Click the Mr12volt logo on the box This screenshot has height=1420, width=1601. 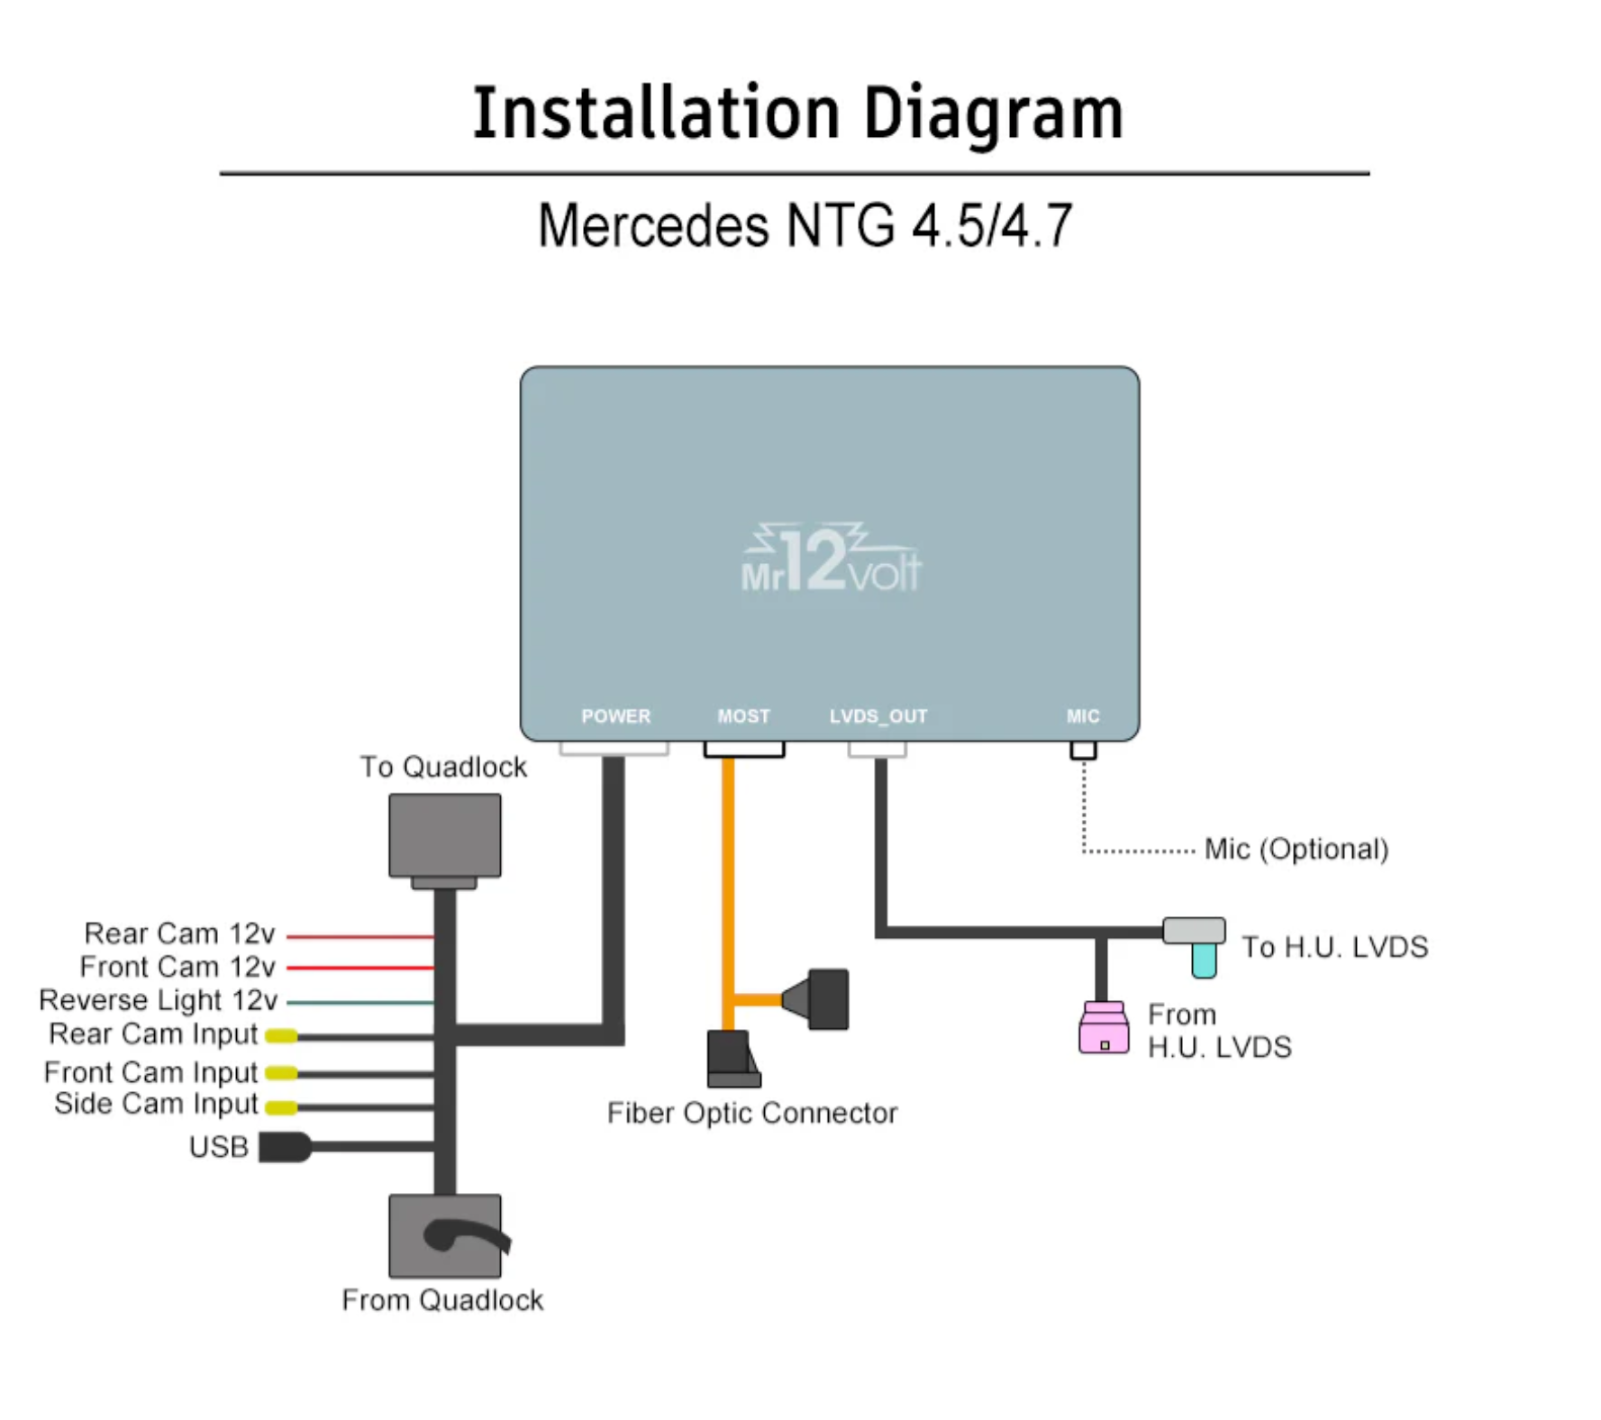[831, 560]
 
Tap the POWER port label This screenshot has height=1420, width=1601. [615, 716]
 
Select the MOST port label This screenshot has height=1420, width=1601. [743, 716]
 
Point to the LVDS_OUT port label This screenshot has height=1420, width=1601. [878, 716]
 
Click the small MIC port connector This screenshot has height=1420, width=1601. [1083, 750]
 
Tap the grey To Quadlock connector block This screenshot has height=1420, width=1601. [444, 835]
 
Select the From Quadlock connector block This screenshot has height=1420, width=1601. [444, 1235]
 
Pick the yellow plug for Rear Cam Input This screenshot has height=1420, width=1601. [281, 1036]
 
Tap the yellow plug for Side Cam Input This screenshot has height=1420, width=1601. [281, 1106]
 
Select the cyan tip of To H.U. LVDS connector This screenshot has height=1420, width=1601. [1204, 960]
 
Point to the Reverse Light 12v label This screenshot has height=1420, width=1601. [158, 1000]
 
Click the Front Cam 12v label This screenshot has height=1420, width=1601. [177, 967]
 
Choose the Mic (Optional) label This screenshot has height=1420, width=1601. [1296, 849]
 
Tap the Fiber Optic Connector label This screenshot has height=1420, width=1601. [751, 1114]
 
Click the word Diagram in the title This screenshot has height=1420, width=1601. [993, 114]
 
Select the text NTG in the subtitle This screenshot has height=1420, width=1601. [841, 225]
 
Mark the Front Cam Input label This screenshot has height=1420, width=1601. [150, 1072]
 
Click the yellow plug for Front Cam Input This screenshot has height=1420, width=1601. [281, 1072]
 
